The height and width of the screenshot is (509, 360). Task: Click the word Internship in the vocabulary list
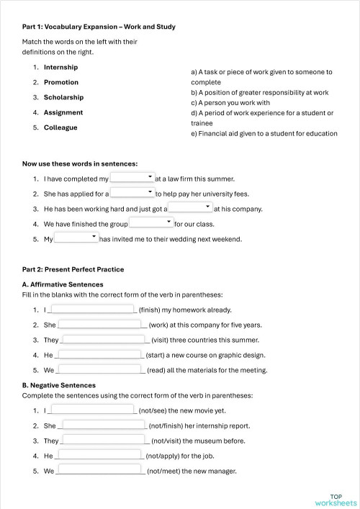pyautogui.click(x=60, y=67)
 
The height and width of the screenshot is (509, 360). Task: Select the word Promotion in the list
pyautogui.click(x=61, y=82)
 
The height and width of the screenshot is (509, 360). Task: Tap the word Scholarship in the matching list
pyautogui.click(x=63, y=97)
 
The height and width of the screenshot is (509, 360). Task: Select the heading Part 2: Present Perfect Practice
pyautogui.click(x=73, y=269)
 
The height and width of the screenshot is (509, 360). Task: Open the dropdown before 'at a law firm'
pyautogui.click(x=132, y=177)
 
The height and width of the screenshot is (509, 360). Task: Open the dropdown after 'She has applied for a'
pyautogui.click(x=132, y=193)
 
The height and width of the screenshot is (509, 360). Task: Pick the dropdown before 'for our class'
pyautogui.click(x=150, y=223)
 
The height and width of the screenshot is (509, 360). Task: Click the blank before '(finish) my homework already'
pyautogui.click(x=92, y=310)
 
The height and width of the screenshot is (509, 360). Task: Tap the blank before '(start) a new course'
pyautogui.click(x=99, y=355)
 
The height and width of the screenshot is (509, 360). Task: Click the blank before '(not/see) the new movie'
pyautogui.click(x=92, y=410)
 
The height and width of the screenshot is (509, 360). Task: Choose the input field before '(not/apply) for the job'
pyautogui.click(x=99, y=456)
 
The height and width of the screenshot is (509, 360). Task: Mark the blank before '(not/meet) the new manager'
pyautogui.click(x=100, y=471)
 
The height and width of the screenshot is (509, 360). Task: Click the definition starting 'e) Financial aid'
pyautogui.click(x=264, y=133)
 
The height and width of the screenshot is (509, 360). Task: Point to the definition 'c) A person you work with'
pyautogui.click(x=232, y=103)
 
